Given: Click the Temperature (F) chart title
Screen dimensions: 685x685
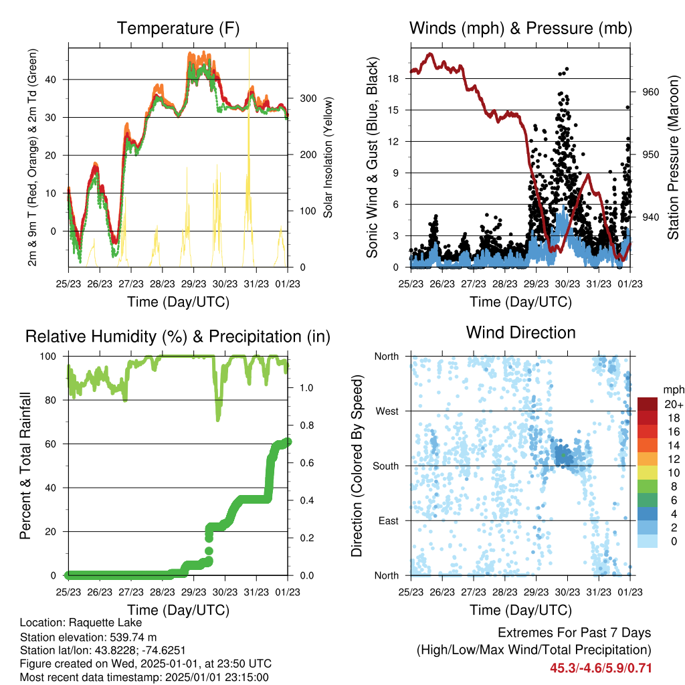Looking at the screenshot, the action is pos(178,28).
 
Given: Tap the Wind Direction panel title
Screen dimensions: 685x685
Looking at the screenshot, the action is pos(520,332).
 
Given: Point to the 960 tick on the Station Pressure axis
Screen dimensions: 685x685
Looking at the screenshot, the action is pos(650,92).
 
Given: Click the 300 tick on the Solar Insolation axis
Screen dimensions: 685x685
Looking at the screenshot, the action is pos(308,98).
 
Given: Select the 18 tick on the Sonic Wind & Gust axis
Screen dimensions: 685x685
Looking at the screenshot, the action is pos(393,79).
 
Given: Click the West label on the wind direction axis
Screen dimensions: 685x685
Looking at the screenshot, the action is pos(387,411).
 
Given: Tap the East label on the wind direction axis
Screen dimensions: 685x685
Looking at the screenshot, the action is pos(389,520).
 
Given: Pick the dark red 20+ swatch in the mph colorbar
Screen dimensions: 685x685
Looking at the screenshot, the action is pos(648,404).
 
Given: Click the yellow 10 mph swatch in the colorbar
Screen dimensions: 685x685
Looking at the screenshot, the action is pos(648,473).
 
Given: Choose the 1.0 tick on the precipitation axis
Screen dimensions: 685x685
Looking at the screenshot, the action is pos(306,388).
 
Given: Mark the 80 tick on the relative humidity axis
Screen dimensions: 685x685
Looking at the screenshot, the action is pos(51,400).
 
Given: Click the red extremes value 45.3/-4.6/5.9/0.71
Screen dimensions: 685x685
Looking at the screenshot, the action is pos(601,668).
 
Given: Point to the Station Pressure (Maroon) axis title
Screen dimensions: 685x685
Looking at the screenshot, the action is pos(673,157).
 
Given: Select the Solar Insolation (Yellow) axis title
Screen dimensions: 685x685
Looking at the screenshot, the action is pos(328,157).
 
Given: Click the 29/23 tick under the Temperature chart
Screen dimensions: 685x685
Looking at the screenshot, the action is pos(193,284).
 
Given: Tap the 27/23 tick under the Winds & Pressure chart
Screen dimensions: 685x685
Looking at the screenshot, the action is pos(474,284).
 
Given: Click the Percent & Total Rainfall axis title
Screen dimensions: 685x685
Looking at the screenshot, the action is pos(25,466).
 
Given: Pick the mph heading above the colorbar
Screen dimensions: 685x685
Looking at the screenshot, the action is pos(674,390).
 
